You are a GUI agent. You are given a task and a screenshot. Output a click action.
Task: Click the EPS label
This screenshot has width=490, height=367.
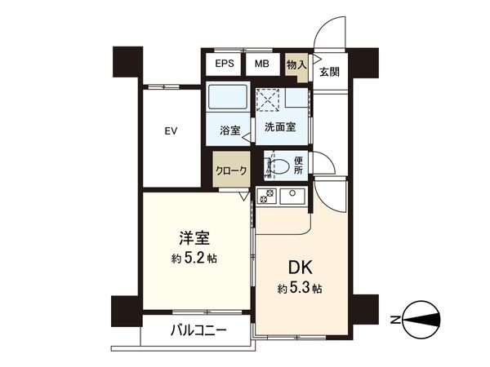[225, 64]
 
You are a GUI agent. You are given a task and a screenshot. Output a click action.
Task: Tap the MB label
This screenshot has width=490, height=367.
[262, 64]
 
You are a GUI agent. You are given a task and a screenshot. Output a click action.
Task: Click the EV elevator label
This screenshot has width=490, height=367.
[171, 130]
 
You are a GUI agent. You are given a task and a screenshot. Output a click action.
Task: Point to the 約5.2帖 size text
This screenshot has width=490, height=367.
[194, 259]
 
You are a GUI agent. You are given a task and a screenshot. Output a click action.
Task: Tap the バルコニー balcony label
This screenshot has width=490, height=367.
[198, 330]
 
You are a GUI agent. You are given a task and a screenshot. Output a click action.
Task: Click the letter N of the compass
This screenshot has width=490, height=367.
[396, 318]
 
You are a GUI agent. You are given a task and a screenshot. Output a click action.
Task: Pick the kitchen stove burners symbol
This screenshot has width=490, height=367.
[266, 196]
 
